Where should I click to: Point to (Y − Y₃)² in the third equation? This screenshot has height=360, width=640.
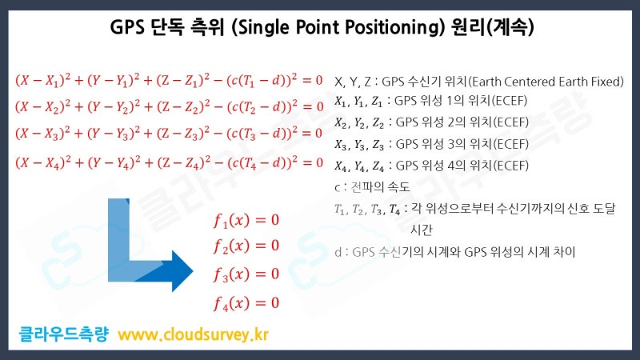pos(119,134)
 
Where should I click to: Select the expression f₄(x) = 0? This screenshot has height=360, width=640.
pos(246,302)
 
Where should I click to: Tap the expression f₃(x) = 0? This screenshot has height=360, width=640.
pos(246,274)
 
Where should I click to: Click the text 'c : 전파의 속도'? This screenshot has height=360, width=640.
pos(372,188)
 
